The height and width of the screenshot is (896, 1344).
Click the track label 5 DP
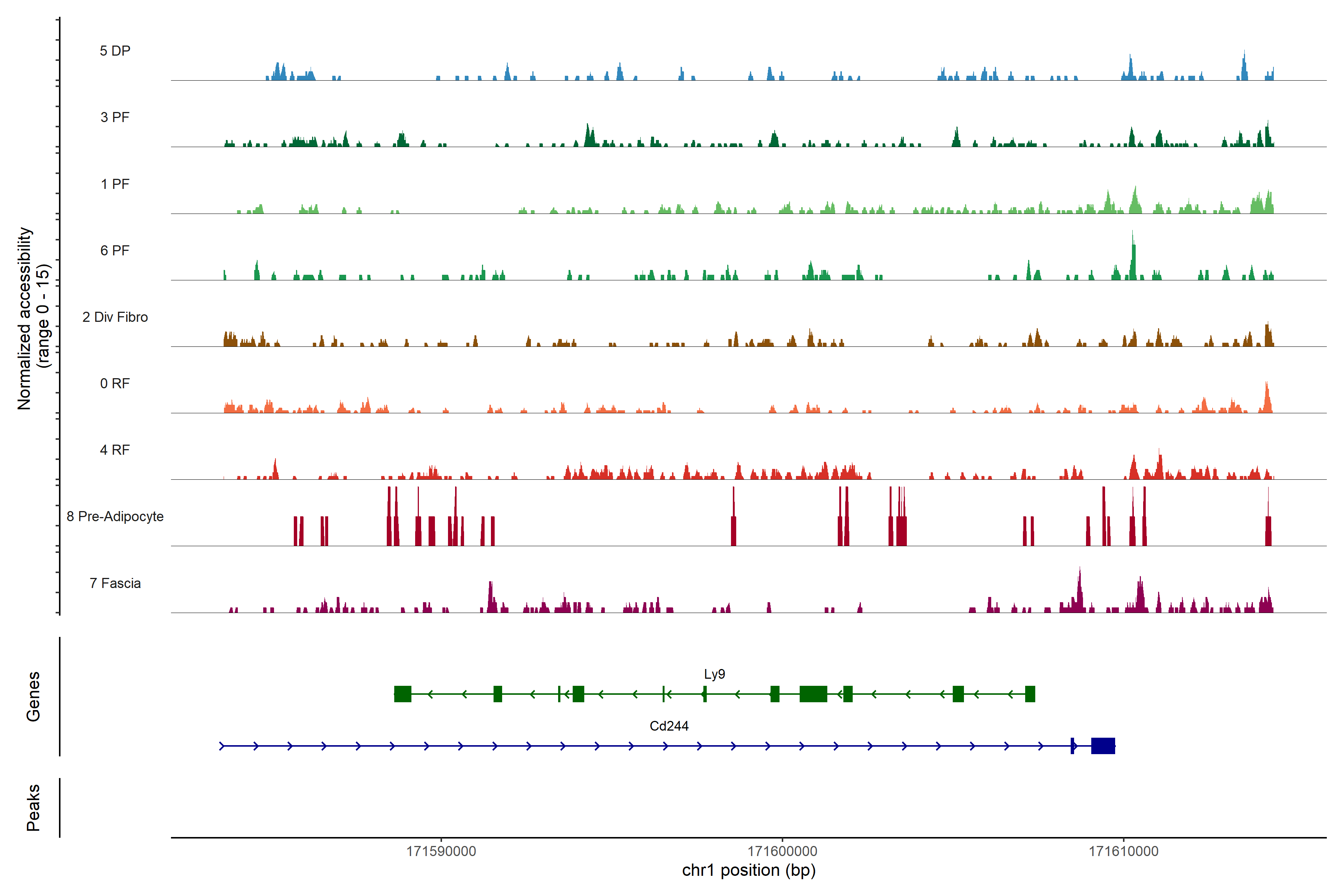tap(115, 51)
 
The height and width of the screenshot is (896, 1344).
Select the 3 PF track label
tap(115, 117)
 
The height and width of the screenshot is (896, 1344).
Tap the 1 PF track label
tap(115, 184)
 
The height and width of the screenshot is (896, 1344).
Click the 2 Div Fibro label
tap(115, 317)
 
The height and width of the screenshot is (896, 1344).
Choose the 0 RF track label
tap(115, 383)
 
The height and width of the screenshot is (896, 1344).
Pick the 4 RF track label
tap(115, 450)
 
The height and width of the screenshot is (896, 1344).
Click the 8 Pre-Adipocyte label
tap(115, 517)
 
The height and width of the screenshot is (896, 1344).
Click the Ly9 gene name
tap(714, 674)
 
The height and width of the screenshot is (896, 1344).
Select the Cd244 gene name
tap(669, 726)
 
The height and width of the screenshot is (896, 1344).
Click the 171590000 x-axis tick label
tap(441, 852)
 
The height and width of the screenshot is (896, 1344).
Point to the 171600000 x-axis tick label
tap(782, 852)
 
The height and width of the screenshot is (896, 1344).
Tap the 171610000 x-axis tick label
tap(1123, 852)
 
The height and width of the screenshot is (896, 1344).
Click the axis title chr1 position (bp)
tap(749, 870)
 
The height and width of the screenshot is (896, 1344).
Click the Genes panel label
tap(33, 697)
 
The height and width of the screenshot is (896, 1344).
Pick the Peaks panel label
tap(33, 808)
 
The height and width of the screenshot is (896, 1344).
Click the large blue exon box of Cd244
tap(1103, 746)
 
